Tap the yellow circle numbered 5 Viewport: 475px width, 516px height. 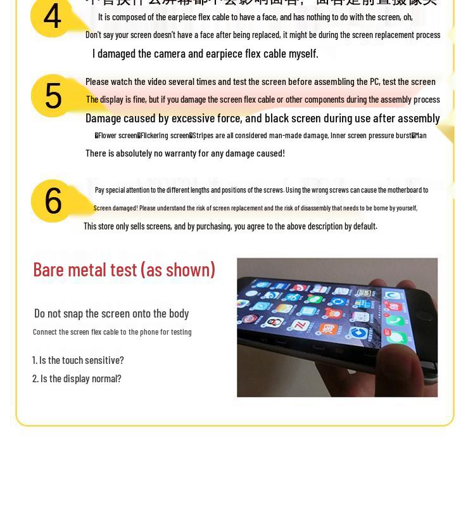[53, 96]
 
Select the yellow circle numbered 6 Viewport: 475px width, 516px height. [53, 200]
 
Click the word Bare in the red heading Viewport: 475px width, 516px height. [48, 269]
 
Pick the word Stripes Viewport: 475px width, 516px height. [202, 135]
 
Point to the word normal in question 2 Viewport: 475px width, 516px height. [108, 378]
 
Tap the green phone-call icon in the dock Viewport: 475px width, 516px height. [394, 321]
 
